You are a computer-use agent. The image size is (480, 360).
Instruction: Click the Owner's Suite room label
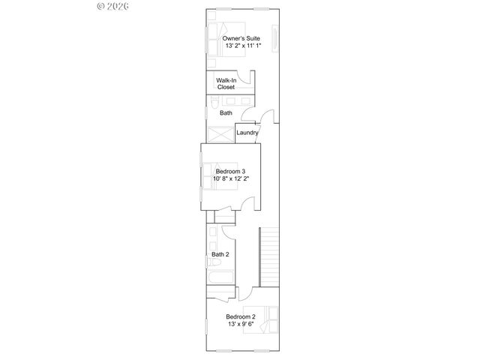tap(241, 37)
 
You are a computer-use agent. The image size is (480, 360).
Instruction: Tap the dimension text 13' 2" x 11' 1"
tap(241, 46)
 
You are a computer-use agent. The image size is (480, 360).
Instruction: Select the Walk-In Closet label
tap(226, 83)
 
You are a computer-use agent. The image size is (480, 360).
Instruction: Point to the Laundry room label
tap(247, 133)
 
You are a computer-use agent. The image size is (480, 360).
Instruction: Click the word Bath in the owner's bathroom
tap(226, 113)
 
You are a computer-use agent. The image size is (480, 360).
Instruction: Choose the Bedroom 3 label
tap(229, 170)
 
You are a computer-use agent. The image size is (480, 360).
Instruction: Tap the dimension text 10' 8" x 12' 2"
tap(230, 178)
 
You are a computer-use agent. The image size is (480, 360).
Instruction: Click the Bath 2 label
tap(220, 254)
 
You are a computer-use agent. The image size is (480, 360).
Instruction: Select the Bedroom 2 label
tap(241, 316)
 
